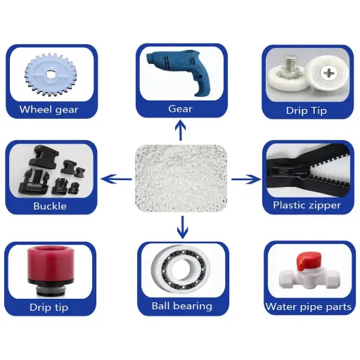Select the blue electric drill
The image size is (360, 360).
tap(179, 71)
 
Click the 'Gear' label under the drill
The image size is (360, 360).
tap(181, 109)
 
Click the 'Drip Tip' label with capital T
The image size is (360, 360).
tap(307, 110)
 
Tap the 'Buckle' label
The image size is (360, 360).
tap(50, 206)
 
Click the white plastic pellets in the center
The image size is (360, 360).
tap(181, 172)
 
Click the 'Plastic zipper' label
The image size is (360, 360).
tap(307, 205)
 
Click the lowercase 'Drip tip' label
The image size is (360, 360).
tap(49, 307)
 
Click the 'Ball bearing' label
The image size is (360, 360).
tap(181, 306)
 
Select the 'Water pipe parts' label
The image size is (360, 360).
tap(308, 307)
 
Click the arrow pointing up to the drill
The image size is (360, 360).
tap(181, 129)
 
